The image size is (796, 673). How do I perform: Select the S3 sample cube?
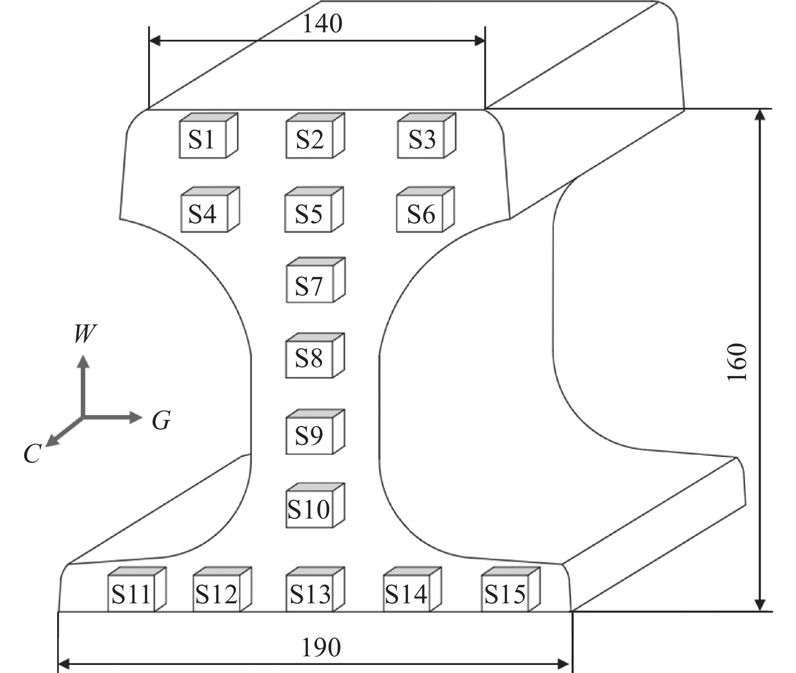[x=422, y=139]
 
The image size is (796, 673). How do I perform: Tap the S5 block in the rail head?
[x=309, y=214]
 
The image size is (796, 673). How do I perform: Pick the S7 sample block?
[x=310, y=285]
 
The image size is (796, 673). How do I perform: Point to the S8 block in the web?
[x=309, y=359]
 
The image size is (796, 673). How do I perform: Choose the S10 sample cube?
[x=309, y=509]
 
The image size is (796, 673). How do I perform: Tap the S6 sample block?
[x=420, y=214]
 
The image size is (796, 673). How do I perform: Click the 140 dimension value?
[x=322, y=24]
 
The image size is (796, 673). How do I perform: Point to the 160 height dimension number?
[x=737, y=362]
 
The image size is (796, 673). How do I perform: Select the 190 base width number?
[x=321, y=647]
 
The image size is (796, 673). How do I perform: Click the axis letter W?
[x=85, y=334]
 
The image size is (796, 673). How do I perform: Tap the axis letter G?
[x=161, y=420]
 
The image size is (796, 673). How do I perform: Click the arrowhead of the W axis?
[x=84, y=360]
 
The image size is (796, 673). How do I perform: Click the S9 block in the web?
[x=309, y=435]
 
